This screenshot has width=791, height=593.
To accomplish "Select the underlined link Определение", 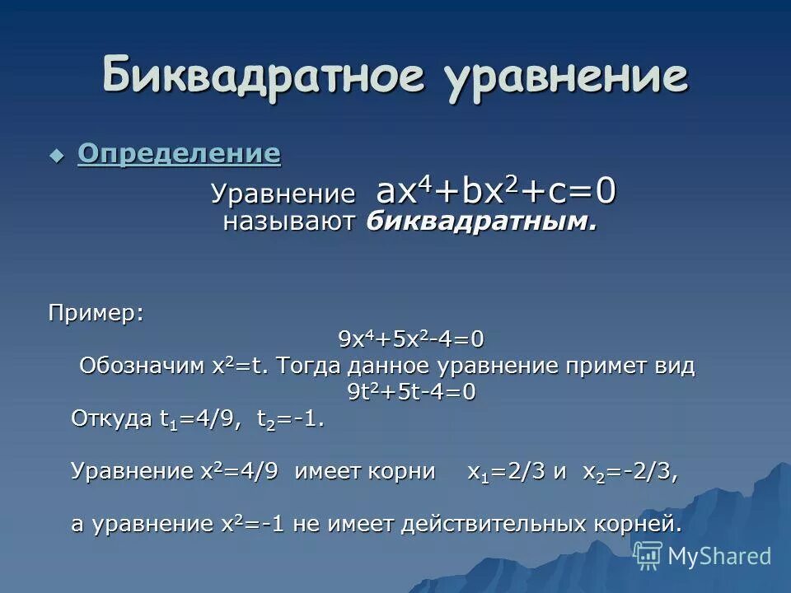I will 179,153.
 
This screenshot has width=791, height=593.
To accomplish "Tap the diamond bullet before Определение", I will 56,154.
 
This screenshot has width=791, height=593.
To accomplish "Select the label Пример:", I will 95,313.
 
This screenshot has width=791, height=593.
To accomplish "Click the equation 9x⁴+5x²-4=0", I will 411,339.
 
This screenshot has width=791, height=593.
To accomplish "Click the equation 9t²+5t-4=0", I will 411,392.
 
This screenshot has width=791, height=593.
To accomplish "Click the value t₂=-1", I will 290,419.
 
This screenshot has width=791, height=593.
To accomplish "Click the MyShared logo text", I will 718,556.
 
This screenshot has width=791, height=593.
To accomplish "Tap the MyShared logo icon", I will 647,556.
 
